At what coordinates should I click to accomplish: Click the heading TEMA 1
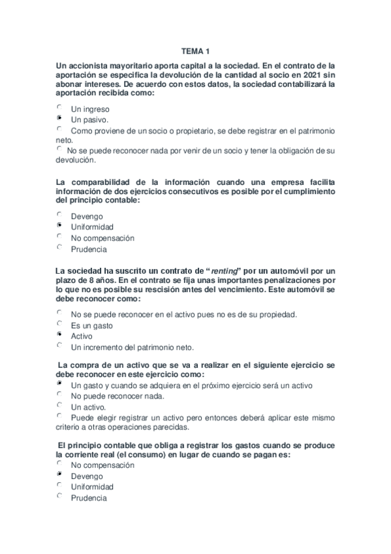195,51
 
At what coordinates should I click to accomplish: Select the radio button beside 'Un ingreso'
59,107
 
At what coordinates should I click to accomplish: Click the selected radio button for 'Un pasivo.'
59,118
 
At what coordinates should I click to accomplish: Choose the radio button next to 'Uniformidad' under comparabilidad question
59,225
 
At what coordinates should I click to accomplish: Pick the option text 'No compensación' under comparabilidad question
102,238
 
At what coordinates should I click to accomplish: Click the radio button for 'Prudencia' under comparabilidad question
59,247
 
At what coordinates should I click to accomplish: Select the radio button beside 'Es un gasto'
59,323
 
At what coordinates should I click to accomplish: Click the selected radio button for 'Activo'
59,334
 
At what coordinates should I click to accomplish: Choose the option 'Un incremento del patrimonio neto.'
133,347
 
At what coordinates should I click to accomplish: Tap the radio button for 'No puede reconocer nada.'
59,394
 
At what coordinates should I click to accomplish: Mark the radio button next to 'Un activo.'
59,404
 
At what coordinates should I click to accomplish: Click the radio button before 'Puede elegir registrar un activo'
59,415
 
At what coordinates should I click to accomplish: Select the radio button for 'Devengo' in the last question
59,474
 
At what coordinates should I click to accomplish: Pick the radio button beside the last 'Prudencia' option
59,496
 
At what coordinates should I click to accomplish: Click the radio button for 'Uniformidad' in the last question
59,485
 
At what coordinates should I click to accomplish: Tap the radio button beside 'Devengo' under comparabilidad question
59,214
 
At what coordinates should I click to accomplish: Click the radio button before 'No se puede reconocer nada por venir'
59,150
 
